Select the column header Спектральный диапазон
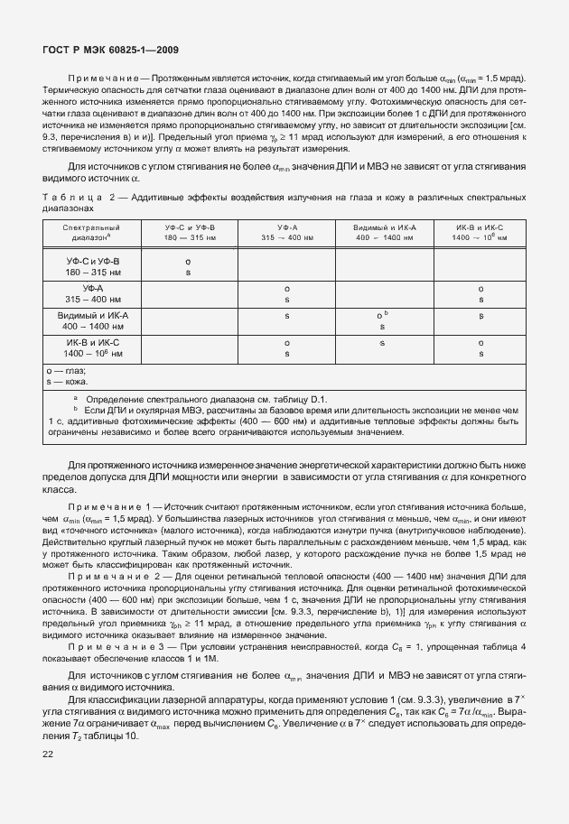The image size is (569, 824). point(91,233)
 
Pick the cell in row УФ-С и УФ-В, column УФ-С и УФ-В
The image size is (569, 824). point(188,265)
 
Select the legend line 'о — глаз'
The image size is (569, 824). point(65,371)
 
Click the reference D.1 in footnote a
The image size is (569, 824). point(322,398)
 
